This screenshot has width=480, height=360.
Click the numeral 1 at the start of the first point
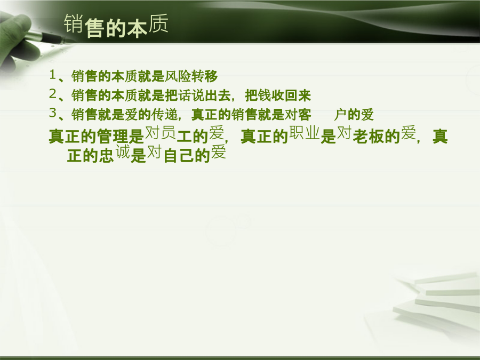coord(53,74)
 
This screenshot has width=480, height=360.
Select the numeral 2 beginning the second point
coord(53,94)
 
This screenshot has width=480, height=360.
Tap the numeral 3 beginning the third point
coord(53,113)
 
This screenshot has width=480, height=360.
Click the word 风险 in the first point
coord(178,76)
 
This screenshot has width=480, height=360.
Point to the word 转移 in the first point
coord(204,76)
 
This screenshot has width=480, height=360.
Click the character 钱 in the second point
coord(265,95)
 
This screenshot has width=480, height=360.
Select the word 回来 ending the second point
coord(298,95)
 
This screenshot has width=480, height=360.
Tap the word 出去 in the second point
coord(218,95)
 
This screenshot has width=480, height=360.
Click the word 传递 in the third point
coord(164,115)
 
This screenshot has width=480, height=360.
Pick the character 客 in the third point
coord(305,115)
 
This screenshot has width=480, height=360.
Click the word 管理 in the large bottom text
coord(113,137)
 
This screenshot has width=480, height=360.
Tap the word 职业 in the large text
coord(305,133)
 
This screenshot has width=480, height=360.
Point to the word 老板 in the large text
coord(369,137)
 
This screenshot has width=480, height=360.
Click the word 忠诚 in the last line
coord(115,154)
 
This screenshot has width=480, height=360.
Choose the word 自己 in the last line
coord(179,156)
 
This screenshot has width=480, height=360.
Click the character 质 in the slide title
coord(158,23)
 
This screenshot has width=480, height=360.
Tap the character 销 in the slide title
coord(74,23)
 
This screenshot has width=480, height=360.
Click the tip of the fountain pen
coord(75,41)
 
